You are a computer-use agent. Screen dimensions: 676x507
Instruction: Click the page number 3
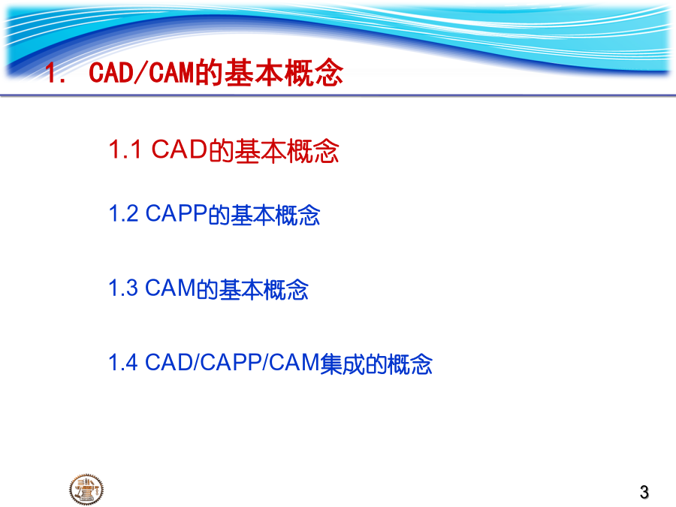644,492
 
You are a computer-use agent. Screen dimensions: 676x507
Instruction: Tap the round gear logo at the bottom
86,489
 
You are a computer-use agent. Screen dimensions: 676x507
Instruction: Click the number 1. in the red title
55,72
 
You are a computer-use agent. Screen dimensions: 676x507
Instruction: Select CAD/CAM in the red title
142,72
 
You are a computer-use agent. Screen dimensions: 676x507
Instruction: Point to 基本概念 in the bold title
284,72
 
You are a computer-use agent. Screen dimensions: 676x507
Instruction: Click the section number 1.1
125,149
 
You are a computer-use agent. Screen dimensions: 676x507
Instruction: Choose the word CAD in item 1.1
180,149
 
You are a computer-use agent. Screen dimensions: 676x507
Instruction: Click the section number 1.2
123,213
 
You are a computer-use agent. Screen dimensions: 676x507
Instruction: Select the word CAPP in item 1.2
177,213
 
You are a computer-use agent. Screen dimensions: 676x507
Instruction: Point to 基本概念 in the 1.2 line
275,215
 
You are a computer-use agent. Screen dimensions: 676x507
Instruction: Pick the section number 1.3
123,288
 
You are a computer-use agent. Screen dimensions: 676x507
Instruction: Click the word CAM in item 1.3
171,288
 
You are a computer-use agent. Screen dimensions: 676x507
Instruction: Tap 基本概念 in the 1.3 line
264,289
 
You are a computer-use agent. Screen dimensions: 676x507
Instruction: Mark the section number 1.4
123,362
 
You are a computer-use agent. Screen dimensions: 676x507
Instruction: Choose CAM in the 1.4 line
294,362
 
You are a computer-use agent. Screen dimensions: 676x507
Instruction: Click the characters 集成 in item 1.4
343,364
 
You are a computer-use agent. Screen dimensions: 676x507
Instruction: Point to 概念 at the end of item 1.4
410,364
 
